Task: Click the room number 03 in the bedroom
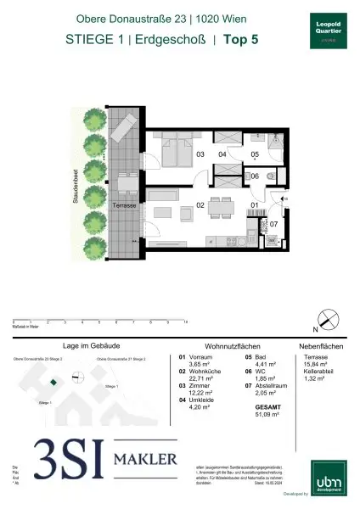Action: coord(200,154)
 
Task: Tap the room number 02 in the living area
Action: coord(200,205)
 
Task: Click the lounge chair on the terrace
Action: coord(121,131)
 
